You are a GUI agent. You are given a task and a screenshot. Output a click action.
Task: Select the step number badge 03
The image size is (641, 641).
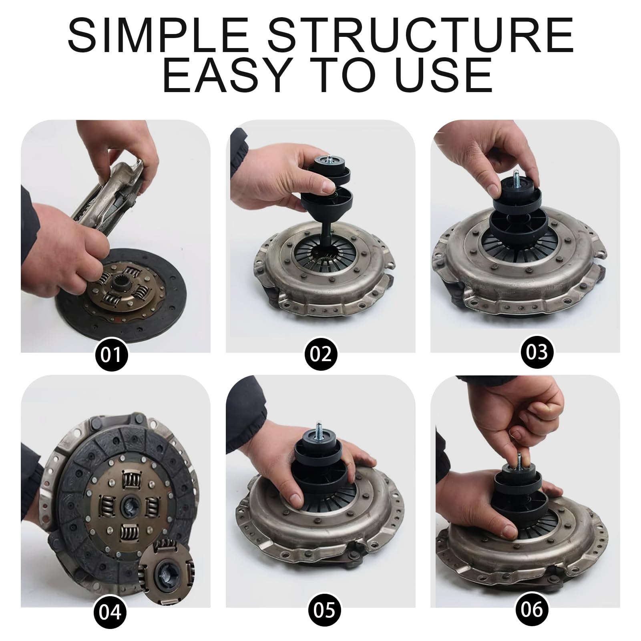pyautogui.click(x=537, y=352)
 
